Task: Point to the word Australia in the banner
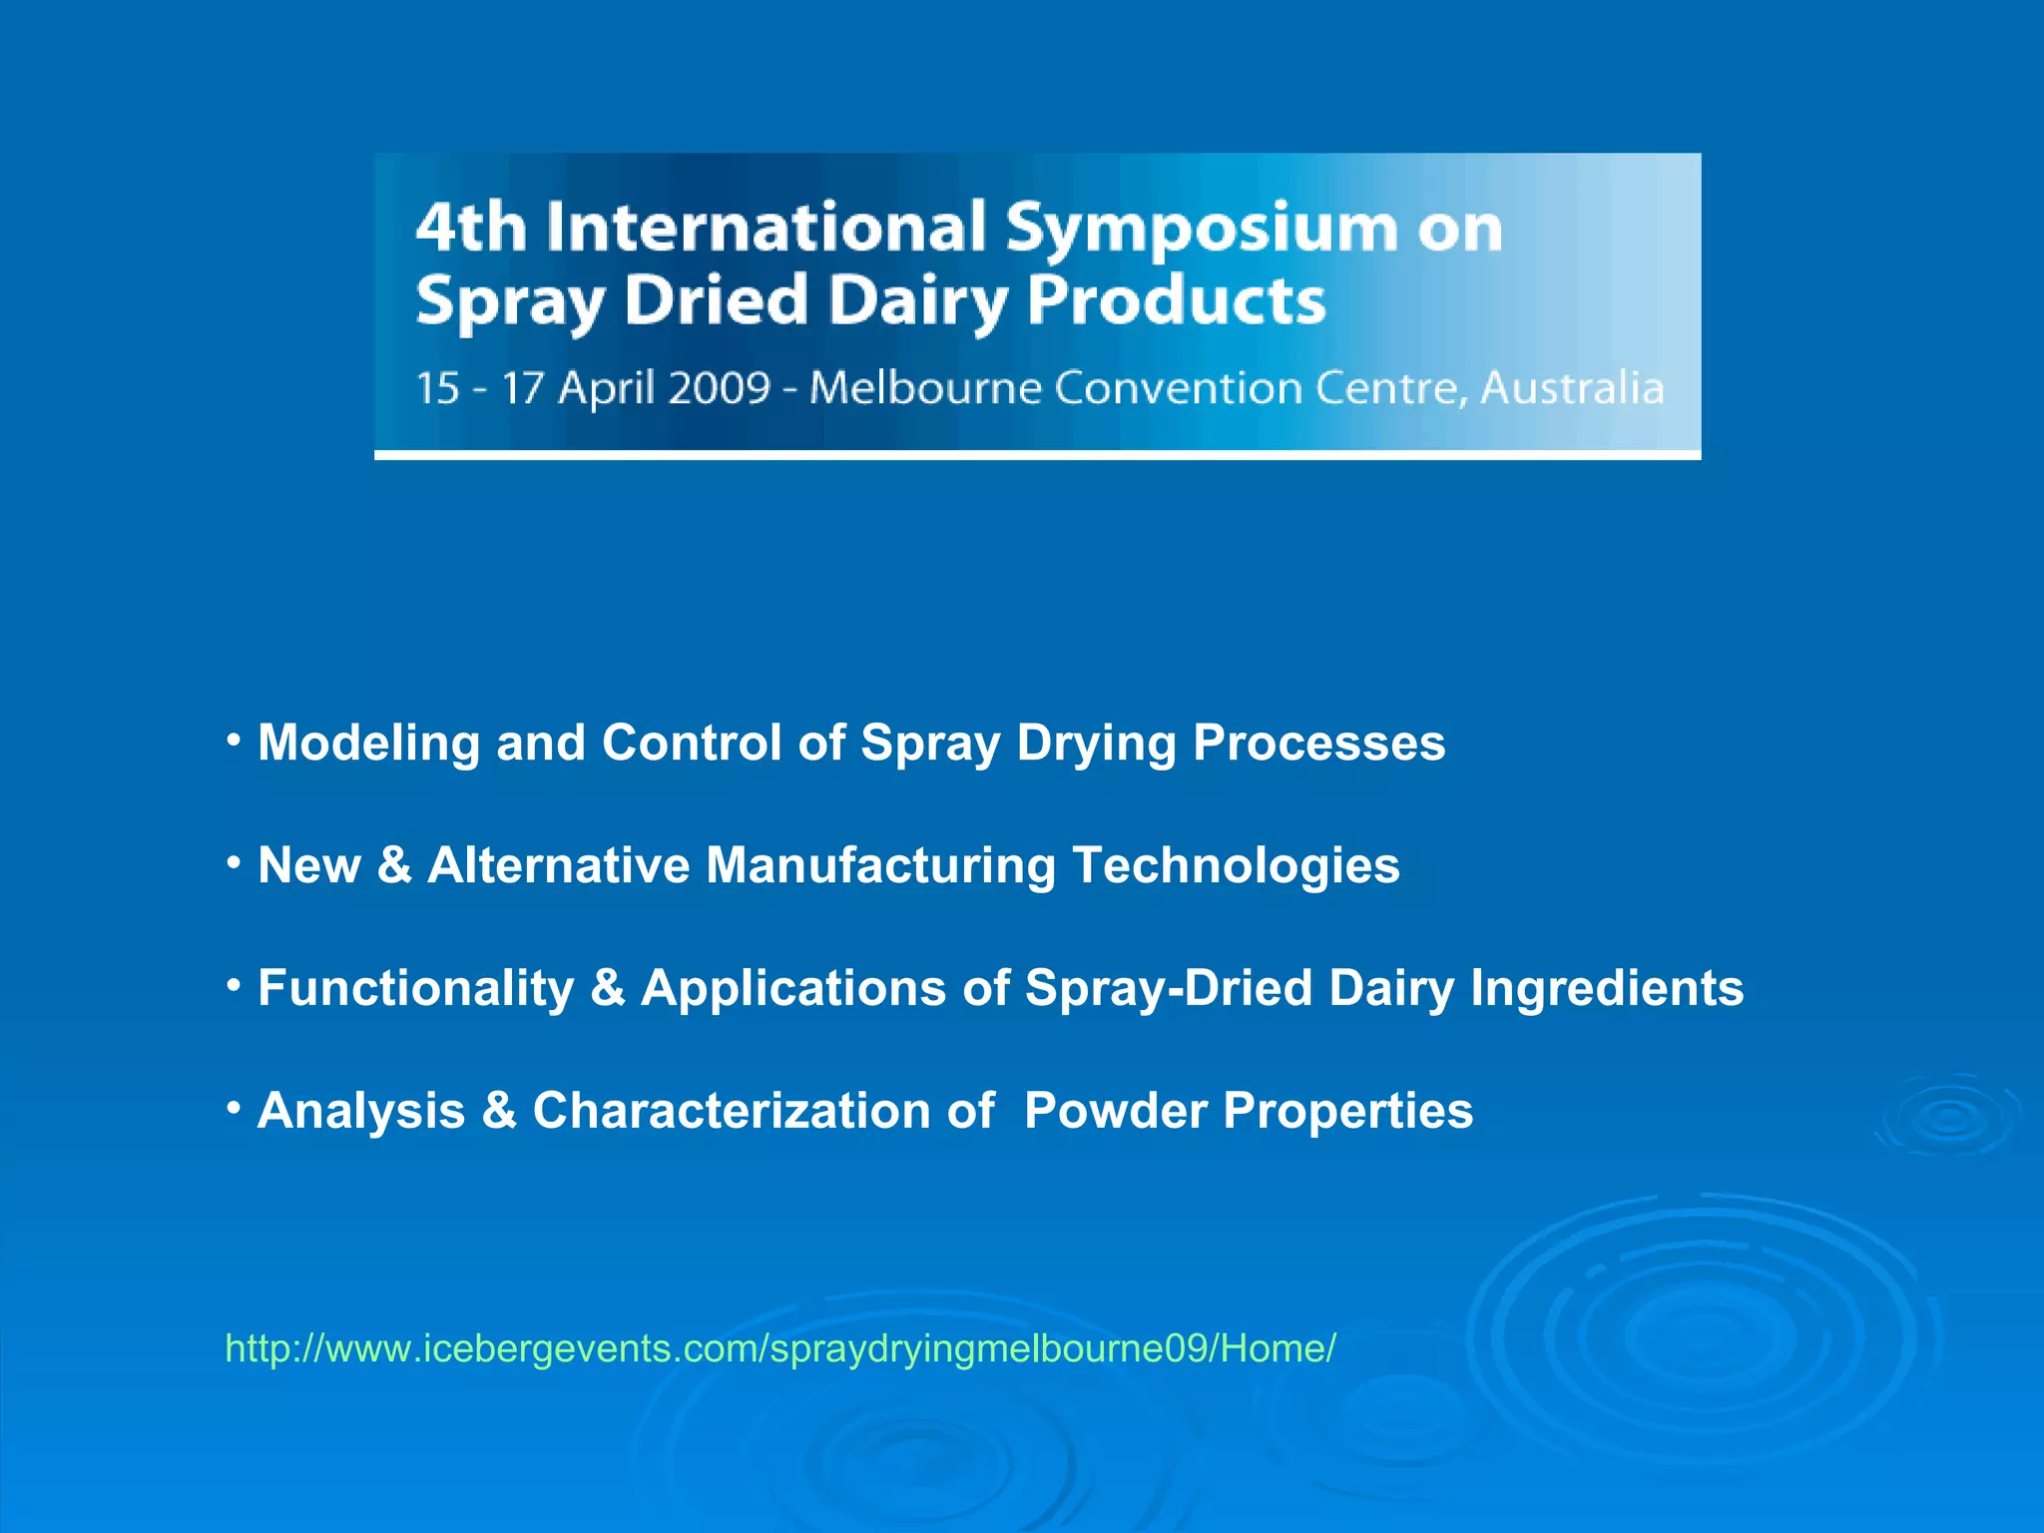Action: pyautogui.click(x=1572, y=387)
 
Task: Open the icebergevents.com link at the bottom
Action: pyautogui.click(x=779, y=1348)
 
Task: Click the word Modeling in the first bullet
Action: pyautogui.click(x=368, y=744)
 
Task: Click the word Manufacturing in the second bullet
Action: pyautogui.click(x=880, y=865)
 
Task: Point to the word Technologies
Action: pyautogui.click(x=1236, y=866)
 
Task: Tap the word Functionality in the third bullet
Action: pyautogui.click(x=415, y=989)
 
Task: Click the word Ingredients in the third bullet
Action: pyautogui.click(x=1606, y=989)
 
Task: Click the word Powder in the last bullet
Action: pyautogui.click(x=1115, y=1111)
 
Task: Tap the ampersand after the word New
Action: pyautogui.click(x=393, y=865)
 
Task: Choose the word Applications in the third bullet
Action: pyautogui.click(x=792, y=989)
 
